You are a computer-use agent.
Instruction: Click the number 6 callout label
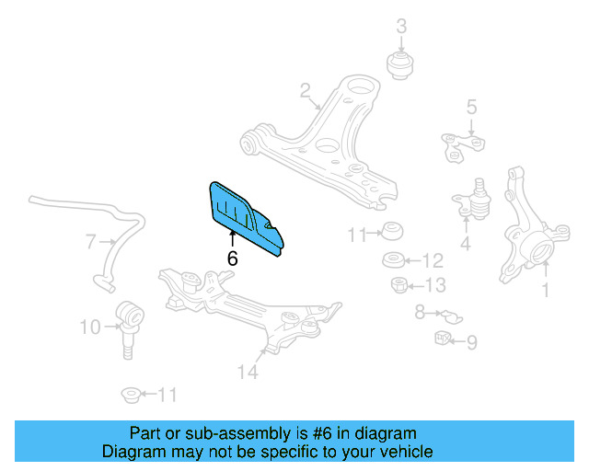tap(232, 259)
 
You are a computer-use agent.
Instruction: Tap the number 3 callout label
tap(401, 27)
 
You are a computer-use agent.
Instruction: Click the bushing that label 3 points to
tap(401, 65)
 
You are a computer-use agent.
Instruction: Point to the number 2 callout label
tap(305, 90)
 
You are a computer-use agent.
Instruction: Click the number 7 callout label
tap(91, 243)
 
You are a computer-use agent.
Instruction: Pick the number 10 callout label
tap(89, 326)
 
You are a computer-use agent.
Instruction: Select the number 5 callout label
tap(471, 108)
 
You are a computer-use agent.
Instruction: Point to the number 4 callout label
tap(465, 244)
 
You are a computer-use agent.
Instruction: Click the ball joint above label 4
tap(474, 196)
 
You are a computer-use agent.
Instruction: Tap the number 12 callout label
tap(433, 260)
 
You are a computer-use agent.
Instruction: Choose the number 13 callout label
tap(434, 285)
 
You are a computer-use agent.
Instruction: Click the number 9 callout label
tap(471, 343)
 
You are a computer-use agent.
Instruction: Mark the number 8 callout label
tap(420, 313)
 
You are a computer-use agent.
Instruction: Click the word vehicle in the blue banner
tap(402, 452)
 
